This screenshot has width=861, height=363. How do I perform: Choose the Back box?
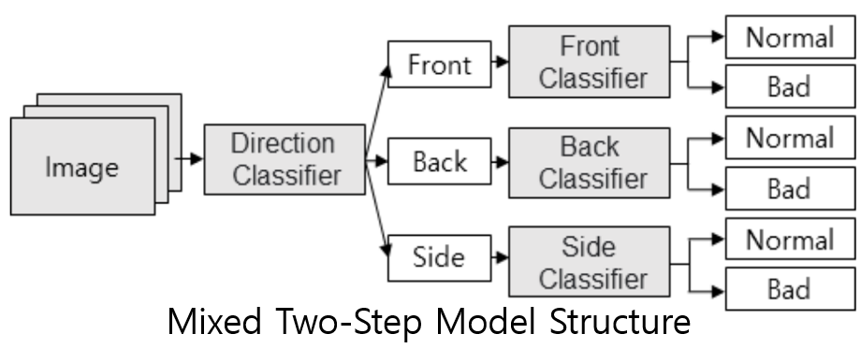pos(440,160)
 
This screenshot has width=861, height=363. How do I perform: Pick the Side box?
pos(440,254)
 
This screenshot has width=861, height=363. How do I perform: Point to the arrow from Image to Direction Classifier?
pos(192,159)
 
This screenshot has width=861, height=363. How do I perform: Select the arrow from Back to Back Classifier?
pos(501,161)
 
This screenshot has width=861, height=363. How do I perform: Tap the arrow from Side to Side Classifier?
pos(501,254)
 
